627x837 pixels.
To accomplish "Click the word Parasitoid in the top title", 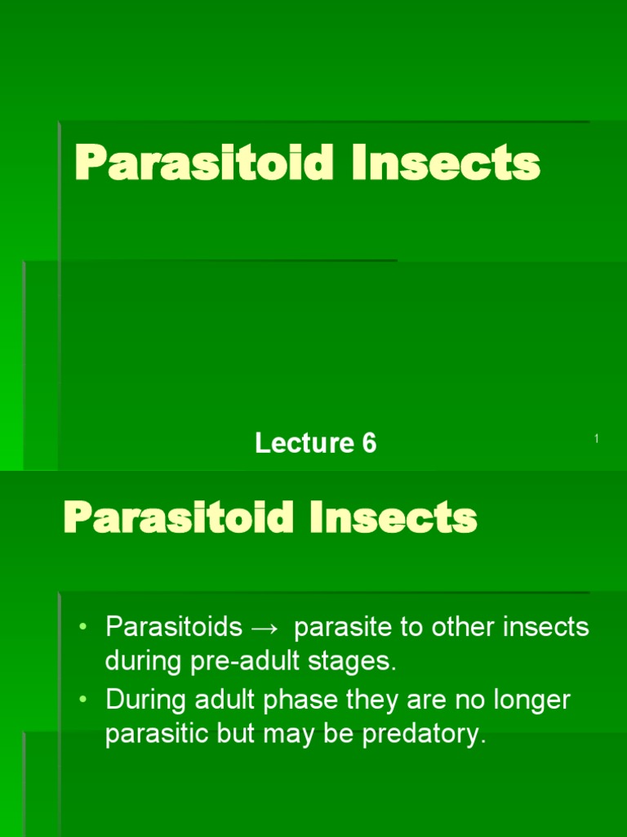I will click(x=204, y=163).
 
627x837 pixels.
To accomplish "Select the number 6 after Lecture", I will click(x=369, y=443).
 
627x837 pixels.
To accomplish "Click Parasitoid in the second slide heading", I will click(x=178, y=517).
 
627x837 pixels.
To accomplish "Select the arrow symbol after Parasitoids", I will click(x=265, y=628).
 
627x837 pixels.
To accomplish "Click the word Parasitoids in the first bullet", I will click(x=174, y=628).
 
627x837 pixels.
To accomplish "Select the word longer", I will click(x=530, y=700).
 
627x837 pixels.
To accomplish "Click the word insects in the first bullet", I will click(x=545, y=628).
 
